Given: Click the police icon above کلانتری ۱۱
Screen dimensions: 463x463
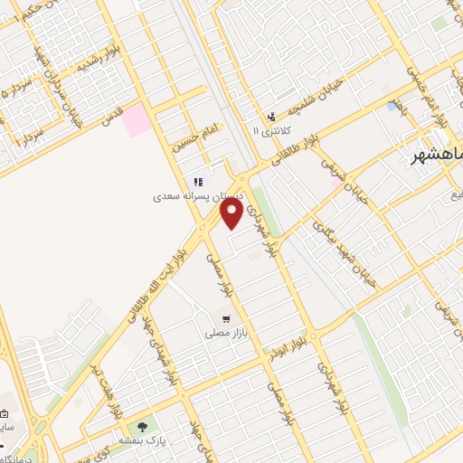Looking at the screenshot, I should [270, 117].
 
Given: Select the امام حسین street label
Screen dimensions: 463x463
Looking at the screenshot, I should [197, 132].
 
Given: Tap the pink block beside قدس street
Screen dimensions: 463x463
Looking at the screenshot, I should [137, 120].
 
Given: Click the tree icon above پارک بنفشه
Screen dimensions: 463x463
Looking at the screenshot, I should [140, 425].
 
